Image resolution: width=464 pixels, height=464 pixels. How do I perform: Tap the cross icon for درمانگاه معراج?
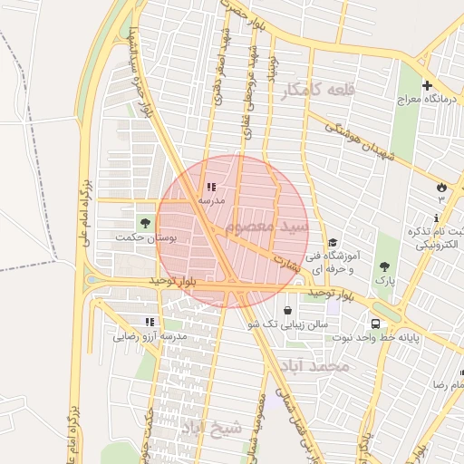(x=427, y=85)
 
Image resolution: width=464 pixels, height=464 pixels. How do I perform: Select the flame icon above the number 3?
(x=441, y=186)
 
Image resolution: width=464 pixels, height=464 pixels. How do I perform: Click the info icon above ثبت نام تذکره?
(x=438, y=217)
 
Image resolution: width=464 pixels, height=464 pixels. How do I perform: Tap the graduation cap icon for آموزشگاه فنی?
(x=333, y=242)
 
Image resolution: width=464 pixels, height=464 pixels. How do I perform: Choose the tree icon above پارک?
(x=384, y=266)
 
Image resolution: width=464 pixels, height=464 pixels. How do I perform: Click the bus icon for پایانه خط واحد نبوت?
(x=375, y=324)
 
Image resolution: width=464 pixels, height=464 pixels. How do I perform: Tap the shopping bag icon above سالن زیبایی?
(x=287, y=310)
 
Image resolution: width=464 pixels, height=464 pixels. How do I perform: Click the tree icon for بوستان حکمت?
(x=143, y=222)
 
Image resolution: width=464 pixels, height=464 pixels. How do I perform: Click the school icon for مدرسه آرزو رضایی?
(x=150, y=322)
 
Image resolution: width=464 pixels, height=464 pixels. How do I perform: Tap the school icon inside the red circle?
(x=211, y=187)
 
